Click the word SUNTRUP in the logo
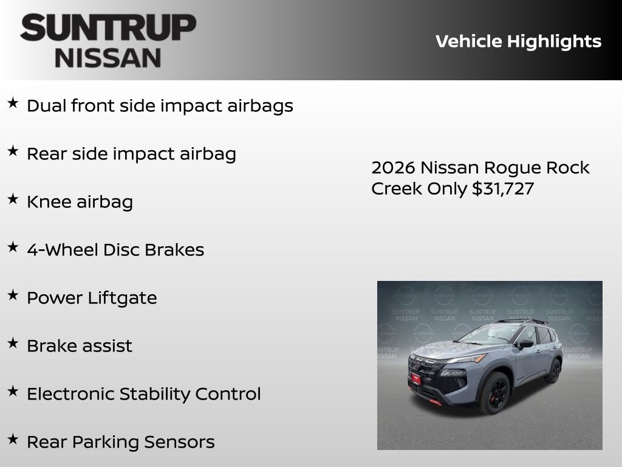point(108,28)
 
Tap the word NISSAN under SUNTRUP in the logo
point(108,58)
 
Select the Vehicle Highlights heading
point(518,41)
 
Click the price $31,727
point(503,189)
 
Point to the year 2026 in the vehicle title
point(393,168)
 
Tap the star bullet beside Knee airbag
point(13,199)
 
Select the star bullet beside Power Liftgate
point(13,295)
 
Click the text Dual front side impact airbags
point(160,106)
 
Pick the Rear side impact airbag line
point(131,154)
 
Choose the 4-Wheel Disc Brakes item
point(115,250)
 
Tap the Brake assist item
point(80,346)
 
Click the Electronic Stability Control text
point(144,394)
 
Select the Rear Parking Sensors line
point(121,442)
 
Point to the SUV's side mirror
point(525,344)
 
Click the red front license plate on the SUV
point(416,379)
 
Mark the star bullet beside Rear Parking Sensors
point(13,439)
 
